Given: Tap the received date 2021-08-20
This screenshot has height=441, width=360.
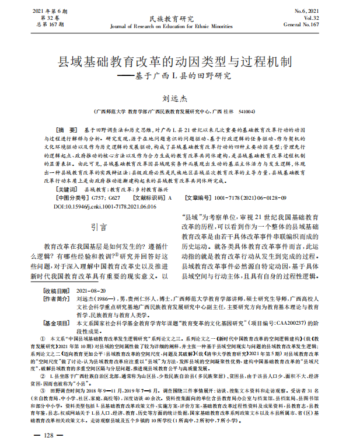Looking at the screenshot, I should click(x=92, y=290).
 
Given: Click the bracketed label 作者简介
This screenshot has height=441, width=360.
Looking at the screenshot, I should click(x=57, y=298).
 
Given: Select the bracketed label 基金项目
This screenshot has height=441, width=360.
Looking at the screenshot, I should click(x=57, y=322).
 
